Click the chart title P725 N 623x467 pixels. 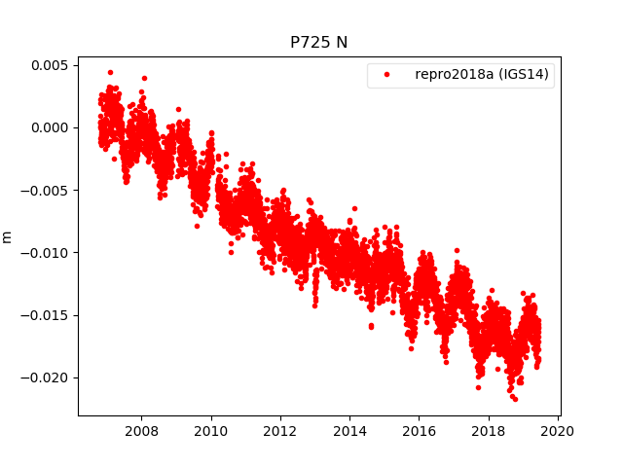click(x=319, y=43)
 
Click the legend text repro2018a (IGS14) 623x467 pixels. click(x=482, y=75)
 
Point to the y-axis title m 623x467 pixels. click(x=8, y=236)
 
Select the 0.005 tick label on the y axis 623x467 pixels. click(x=49, y=65)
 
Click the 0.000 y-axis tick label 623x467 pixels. click(x=49, y=127)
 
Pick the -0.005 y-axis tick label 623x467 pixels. click(x=45, y=190)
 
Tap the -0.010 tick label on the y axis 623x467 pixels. click(x=45, y=252)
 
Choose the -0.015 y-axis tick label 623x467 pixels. click(x=45, y=314)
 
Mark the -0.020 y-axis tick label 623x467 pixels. click(x=45, y=377)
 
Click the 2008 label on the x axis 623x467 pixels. click(x=141, y=431)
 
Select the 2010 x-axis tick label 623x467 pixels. click(x=210, y=431)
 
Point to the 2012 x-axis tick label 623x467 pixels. click(x=280, y=431)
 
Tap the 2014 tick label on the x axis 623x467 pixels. click(x=349, y=431)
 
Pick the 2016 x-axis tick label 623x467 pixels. click(x=419, y=431)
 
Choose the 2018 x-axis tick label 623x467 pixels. click(x=489, y=431)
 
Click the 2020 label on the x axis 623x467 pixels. click(x=558, y=431)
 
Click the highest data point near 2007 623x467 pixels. click(x=110, y=72)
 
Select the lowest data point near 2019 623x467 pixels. click(x=515, y=399)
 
